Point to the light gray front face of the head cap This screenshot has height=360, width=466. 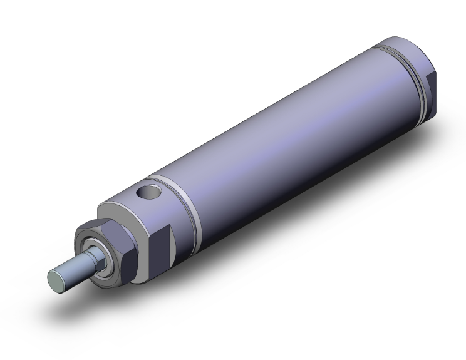click(119, 207)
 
